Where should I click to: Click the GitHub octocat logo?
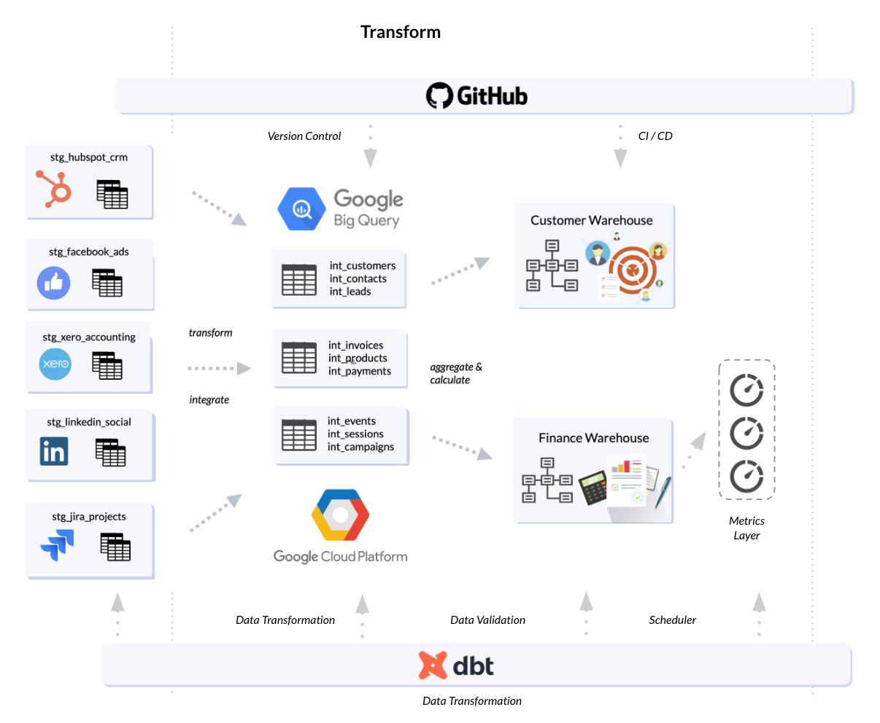click(x=439, y=95)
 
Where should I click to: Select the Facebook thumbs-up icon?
click(x=54, y=283)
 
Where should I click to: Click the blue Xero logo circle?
click(x=55, y=364)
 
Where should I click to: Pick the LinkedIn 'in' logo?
click(x=54, y=451)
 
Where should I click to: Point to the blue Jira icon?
click(x=58, y=544)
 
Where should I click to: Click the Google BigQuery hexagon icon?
click(x=301, y=209)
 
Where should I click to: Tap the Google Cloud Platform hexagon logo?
click(x=340, y=515)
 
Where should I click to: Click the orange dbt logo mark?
click(x=432, y=665)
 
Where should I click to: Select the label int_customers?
click(x=362, y=266)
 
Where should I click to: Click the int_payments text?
click(x=359, y=371)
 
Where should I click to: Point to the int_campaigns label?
click(x=360, y=447)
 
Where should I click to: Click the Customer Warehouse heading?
click(x=591, y=220)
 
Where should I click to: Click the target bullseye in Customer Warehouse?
click(x=632, y=270)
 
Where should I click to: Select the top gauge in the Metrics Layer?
click(x=746, y=390)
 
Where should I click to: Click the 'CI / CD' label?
click(x=655, y=136)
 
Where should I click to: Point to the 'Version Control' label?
click(x=304, y=136)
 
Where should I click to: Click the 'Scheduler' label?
click(x=672, y=620)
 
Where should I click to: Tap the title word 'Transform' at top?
click(x=400, y=32)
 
